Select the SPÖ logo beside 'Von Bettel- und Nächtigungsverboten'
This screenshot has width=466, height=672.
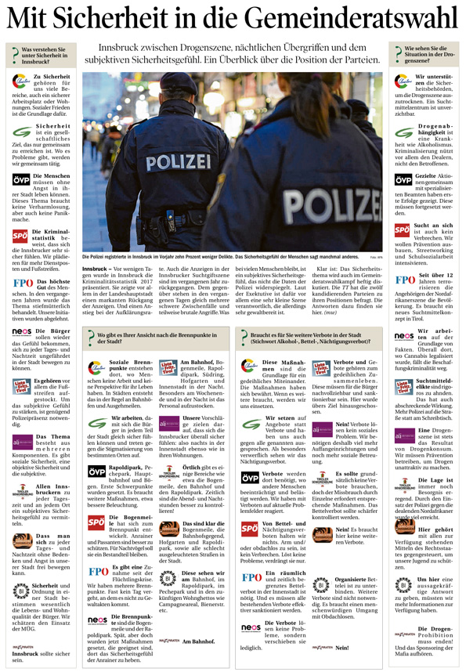(251, 528)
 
